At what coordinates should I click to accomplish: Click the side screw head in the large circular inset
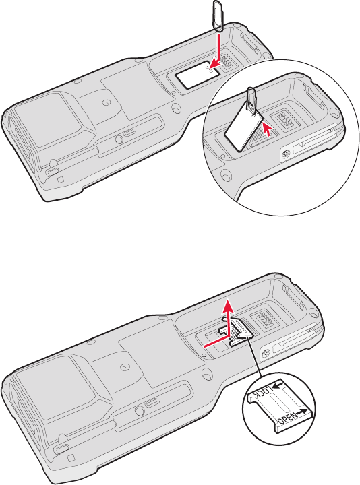coord(286,153)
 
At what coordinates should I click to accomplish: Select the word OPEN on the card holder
coord(288,418)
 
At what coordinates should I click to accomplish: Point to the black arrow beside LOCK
coord(278,385)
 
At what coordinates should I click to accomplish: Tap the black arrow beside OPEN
coord(301,412)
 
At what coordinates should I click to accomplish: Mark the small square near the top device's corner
coord(61,179)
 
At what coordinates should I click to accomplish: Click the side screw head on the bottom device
coord(266,353)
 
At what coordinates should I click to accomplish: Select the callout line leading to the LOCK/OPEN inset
coord(254,356)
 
